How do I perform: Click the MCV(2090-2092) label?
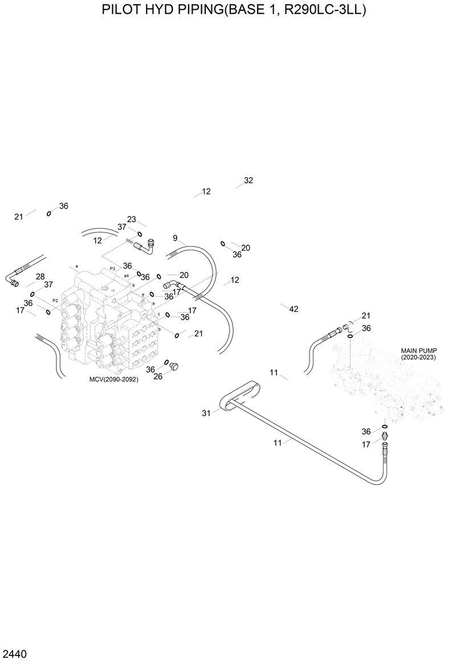coord(114,379)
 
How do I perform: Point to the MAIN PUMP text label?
coord(418,351)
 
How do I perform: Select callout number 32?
coord(248,180)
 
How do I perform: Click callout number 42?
coord(294,309)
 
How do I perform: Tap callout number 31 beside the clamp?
coord(206,413)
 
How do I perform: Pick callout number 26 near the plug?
coord(158,376)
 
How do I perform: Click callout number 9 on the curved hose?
coord(175,238)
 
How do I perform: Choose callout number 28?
coord(40,276)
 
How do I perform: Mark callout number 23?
coord(132,219)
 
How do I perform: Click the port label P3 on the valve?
coord(112,268)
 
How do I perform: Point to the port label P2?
coord(55,300)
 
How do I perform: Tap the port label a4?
coord(127,275)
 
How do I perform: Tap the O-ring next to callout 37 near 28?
coord(32,294)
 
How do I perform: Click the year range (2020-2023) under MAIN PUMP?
coord(418,357)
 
